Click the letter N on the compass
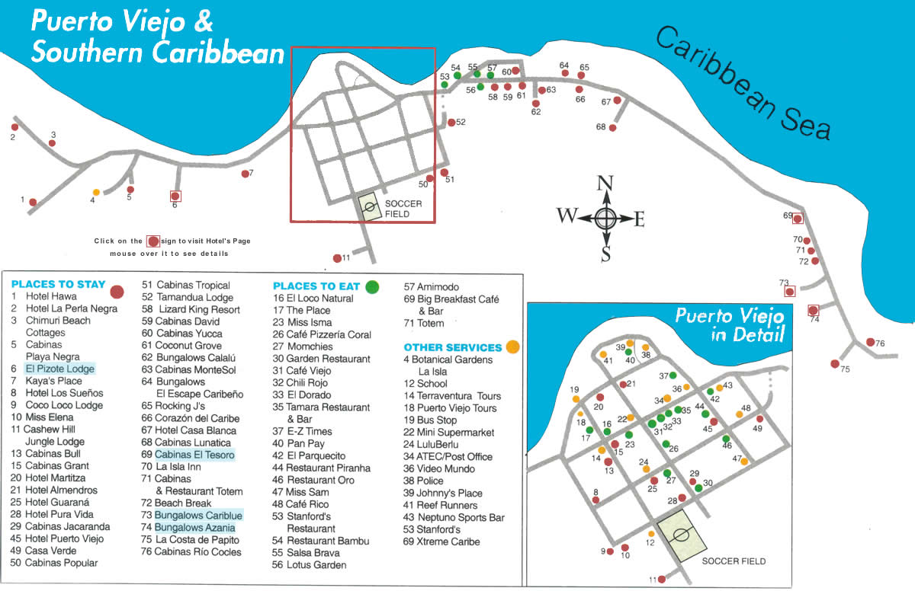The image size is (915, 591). tap(605, 183)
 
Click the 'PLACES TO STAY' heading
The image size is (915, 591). tap(58, 284)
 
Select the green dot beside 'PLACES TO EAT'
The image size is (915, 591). tap(372, 286)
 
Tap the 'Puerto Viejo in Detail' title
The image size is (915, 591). tap(730, 324)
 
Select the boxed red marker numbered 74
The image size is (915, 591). tap(814, 310)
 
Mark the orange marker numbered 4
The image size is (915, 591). tap(96, 192)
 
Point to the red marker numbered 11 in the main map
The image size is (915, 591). tap(337, 258)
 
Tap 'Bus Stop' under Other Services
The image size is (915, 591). tap(436, 420)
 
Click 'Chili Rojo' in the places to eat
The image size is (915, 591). tap(308, 383)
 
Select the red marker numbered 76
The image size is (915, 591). tap(870, 343)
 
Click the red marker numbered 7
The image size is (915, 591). tap(246, 174)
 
